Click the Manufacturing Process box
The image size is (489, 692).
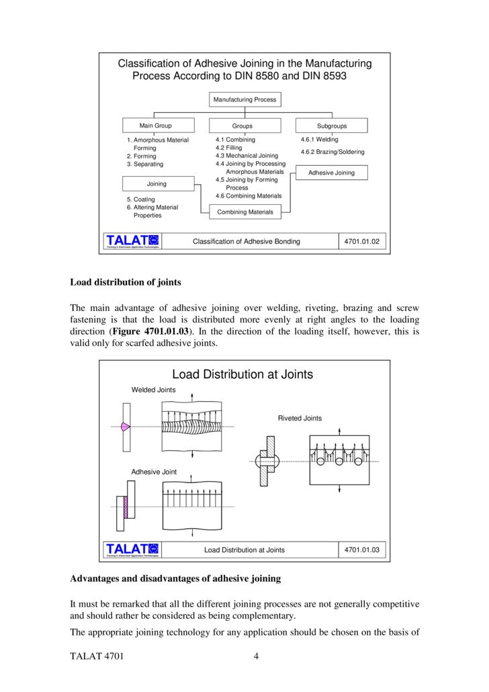click(244, 99)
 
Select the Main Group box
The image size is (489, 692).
click(155, 126)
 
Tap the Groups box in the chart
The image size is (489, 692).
click(242, 126)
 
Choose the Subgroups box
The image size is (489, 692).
click(331, 126)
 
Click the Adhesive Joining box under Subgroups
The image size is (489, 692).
click(331, 173)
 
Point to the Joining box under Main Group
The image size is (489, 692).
click(157, 183)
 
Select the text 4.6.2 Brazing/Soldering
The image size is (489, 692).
click(332, 152)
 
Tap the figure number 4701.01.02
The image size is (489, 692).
click(361, 241)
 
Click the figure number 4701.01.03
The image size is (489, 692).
click(361, 550)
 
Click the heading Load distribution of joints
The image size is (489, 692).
click(126, 282)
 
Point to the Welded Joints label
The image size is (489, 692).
click(153, 390)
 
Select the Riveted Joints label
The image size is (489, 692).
click(300, 418)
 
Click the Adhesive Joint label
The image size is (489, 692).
click(154, 472)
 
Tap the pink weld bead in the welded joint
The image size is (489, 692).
click(124, 426)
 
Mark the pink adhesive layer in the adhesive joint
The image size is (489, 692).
click(124, 505)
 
